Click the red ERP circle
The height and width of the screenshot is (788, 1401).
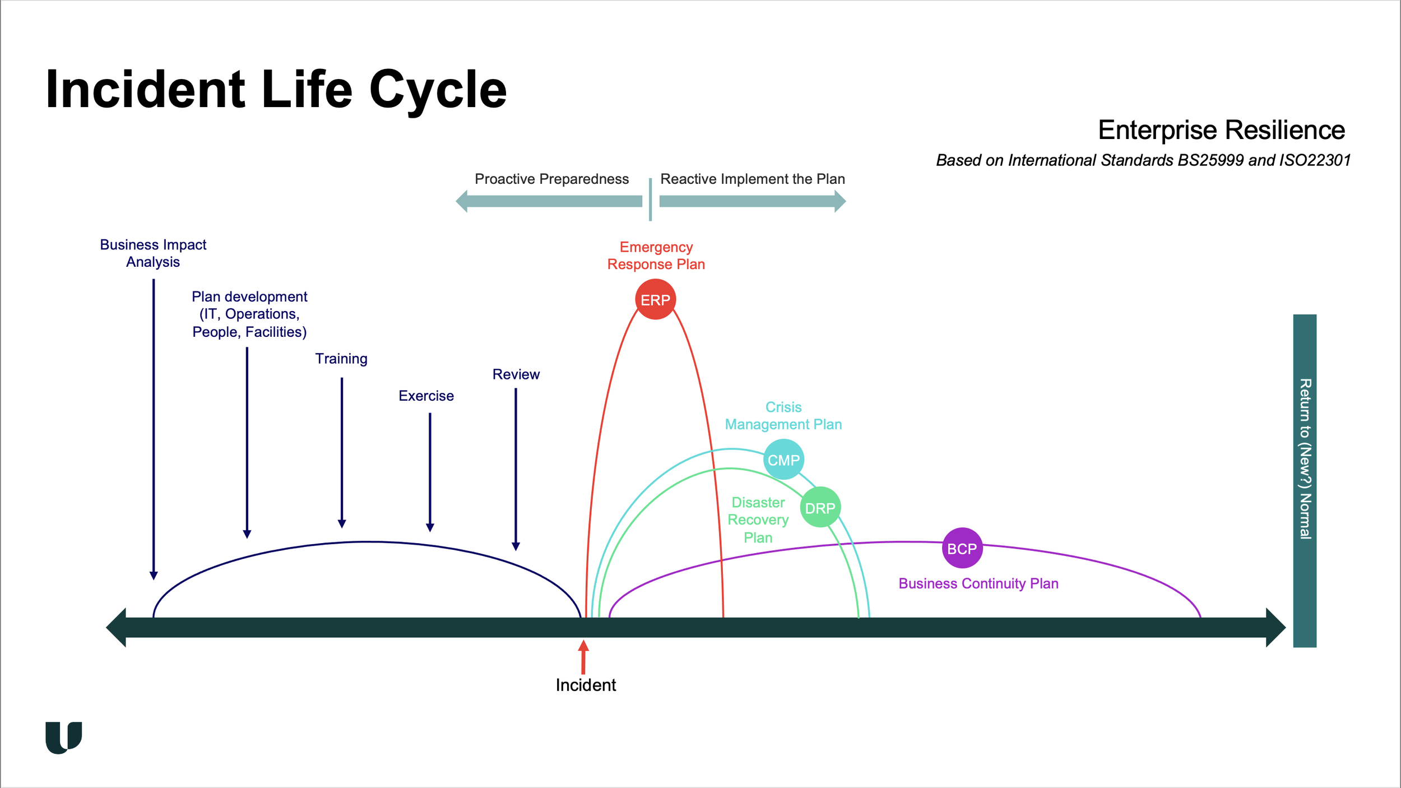coord(655,299)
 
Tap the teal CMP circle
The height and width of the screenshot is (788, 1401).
coord(783,460)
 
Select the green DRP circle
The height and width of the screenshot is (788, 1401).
coord(820,507)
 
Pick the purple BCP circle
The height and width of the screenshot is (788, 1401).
coord(962,548)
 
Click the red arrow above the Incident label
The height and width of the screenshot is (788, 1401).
coord(583,657)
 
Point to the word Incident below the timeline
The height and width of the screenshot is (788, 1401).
coord(586,685)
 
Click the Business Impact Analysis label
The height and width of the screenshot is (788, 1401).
coord(153,253)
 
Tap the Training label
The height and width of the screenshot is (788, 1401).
coord(341,359)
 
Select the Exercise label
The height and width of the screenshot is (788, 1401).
coord(426,396)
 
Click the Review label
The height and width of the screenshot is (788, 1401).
coord(516,374)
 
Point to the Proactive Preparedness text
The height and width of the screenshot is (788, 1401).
coord(551,179)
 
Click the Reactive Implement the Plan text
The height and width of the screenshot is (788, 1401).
coord(753,179)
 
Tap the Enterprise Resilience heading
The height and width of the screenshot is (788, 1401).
coord(1222,131)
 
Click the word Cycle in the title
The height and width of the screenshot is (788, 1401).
coord(438,90)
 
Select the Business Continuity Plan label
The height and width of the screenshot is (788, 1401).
coord(978,583)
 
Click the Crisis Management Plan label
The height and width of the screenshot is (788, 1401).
coord(783,416)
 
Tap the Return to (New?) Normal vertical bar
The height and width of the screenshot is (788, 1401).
coord(1305,481)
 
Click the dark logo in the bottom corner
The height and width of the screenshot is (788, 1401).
coord(63,738)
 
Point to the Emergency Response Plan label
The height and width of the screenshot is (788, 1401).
coord(656,256)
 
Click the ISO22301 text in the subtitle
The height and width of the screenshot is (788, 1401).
coord(1315,160)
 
